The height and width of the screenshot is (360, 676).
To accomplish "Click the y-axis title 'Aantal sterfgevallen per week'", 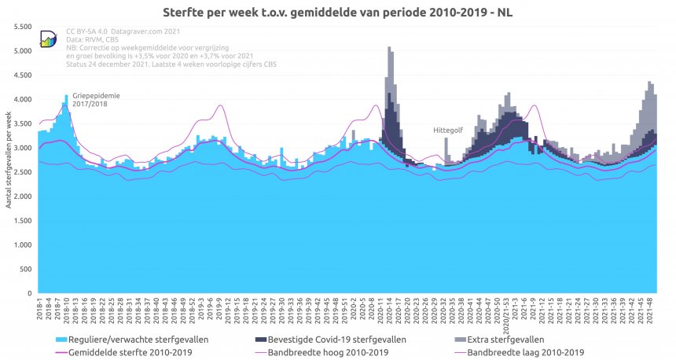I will pos(9,160).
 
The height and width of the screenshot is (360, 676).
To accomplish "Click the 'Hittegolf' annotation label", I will pos(446,130).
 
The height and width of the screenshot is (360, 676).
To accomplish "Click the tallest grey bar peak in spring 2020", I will pos(389,49).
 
